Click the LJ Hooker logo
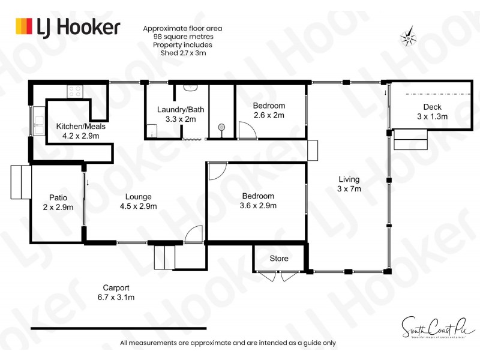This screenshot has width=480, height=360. (68, 27)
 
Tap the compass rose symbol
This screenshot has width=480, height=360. (409, 38)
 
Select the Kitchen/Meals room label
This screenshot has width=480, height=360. (77, 127)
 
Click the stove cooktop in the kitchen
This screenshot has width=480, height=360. (76, 91)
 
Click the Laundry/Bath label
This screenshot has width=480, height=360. (177, 110)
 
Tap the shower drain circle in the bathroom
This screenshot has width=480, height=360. (221, 127)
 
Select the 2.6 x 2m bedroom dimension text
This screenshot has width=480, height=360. (268, 115)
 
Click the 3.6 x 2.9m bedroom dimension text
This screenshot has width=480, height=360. (258, 206)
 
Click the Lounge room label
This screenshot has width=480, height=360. (138, 196)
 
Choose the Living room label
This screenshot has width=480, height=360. (349, 179)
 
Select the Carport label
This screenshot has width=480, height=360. (116, 287)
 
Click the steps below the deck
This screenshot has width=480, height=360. (410, 140)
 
